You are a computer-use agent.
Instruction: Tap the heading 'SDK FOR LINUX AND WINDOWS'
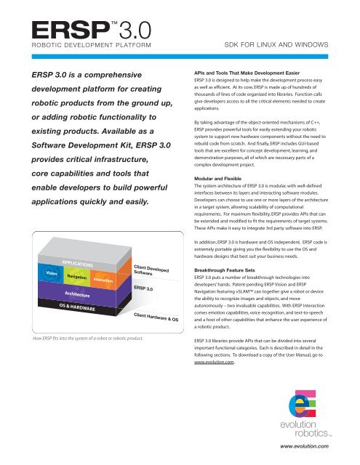coord(277,45)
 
